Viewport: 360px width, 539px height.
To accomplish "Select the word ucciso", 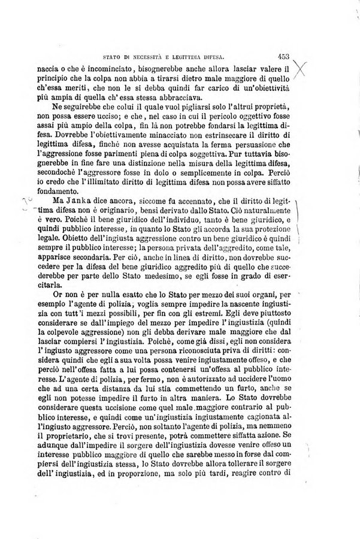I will tap(125, 119).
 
